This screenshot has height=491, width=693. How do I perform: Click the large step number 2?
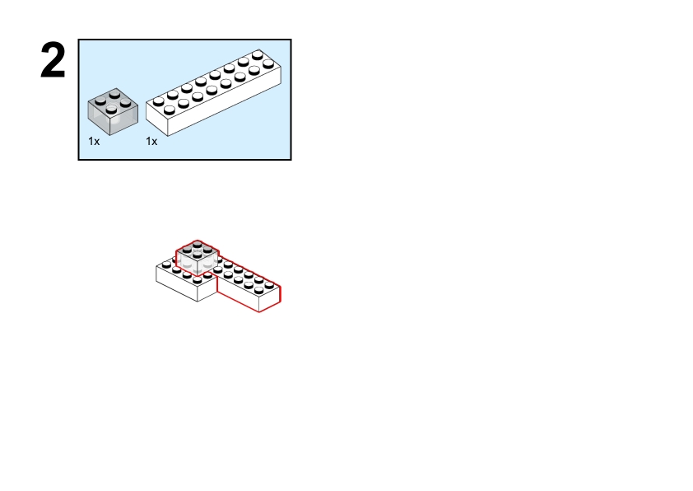pos(53,60)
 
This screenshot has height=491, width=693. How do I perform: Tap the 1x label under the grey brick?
pos(94,142)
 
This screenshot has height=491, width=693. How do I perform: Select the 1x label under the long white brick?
pos(151,142)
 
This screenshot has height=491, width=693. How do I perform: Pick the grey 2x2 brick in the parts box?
pos(113,111)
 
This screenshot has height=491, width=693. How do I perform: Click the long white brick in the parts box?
pos(213,92)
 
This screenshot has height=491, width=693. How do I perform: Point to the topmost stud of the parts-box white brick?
pos(258,55)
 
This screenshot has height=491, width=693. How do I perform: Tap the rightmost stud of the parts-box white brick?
pos(268,64)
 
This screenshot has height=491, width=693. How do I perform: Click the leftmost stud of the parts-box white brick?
pos(159,101)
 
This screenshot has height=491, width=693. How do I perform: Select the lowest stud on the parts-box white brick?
pos(170,110)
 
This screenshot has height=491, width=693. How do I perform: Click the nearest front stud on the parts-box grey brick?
pos(111,110)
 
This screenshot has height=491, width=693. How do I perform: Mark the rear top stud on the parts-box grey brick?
pos(115,93)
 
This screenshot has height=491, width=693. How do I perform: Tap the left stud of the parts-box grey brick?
pos(100,101)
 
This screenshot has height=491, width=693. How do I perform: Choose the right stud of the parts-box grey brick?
pos(126,104)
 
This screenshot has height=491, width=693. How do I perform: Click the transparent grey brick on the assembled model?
pos(198,258)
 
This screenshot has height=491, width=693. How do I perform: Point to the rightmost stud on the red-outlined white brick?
pos(269,285)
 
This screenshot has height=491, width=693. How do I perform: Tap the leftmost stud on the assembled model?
pos(166,265)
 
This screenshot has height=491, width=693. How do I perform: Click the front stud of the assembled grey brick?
pos(198,255)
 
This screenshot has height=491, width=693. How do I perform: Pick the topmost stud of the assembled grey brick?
pos(198,244)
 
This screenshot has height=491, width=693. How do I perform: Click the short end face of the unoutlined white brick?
pos(207,290)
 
